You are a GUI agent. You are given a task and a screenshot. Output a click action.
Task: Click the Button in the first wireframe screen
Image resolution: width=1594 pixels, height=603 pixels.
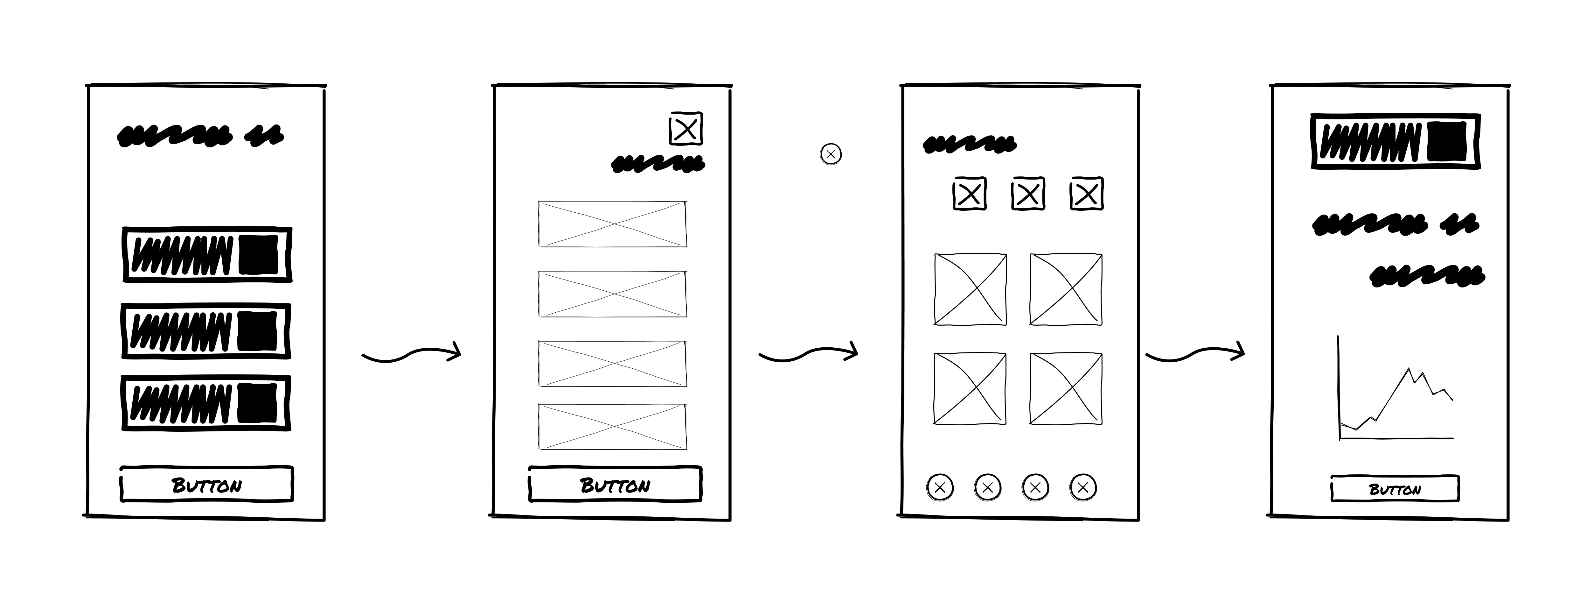(x=207, y=485)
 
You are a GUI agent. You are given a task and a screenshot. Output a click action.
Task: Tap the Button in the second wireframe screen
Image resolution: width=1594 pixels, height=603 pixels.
(x=615, y=485)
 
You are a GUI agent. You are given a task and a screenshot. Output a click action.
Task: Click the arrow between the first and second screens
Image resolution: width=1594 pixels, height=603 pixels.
(x=412, y=355)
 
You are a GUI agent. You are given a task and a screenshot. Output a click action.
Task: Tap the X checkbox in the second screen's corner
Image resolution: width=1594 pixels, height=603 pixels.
(x=686, y=129)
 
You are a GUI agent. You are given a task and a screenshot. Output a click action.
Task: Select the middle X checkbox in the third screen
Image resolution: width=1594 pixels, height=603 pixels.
(x=1028, y=194)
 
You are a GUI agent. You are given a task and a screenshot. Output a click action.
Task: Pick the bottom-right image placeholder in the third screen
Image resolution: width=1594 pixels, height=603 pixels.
(x=1066, y=389)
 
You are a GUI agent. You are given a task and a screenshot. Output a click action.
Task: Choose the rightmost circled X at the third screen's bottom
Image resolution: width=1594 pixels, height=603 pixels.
(x=1083, y=487)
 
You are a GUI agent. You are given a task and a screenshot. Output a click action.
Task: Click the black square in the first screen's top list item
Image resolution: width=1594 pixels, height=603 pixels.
(x=259, y=254)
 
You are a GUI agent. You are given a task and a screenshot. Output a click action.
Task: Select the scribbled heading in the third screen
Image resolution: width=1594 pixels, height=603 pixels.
(x=969, y=144)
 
